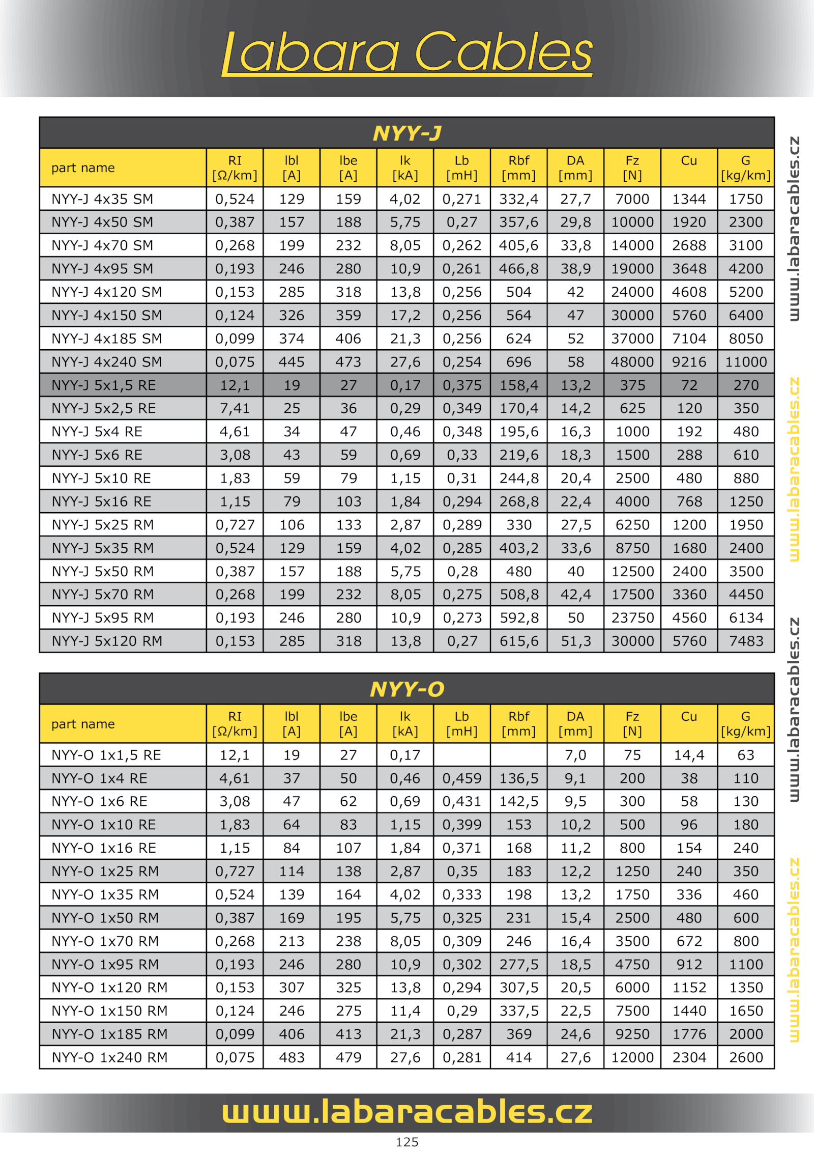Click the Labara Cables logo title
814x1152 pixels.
click(x=407, y=52)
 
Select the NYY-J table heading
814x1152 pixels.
click(x=407, y=133)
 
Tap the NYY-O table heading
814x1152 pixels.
click(x=407, y=689)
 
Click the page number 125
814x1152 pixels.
click(x=407, y=1142)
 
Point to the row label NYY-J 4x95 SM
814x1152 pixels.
click(x=102, y=268)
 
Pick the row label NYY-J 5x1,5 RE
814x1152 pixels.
click(x=104, y=385)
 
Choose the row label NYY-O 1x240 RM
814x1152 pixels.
click(x=109, y=1057)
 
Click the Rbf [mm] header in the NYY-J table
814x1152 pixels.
click(x=518, y=168)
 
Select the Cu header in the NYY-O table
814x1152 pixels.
click(x=689, y=717)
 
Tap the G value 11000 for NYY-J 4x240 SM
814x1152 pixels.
click(x=746, y=362)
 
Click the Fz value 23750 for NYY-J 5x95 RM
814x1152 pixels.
click(x=632, y=617)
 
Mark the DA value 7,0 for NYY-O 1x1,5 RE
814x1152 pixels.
click(x=575, y=755)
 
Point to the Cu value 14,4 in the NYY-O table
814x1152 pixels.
click(x=689, y=755)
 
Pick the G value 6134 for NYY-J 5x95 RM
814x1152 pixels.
click(x=746, y=617)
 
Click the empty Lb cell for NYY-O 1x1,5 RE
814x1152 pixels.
click(x=462, y=755)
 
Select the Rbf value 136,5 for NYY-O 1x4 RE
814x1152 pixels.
click(x=518, y=778)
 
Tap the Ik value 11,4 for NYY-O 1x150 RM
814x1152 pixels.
click(x=405, y=1010)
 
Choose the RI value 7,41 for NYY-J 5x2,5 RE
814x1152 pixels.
click(x=235, y=408)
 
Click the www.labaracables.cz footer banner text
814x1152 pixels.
click(x=407, y=1112)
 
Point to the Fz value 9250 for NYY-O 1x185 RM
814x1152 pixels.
click(x=632, y=1034)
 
